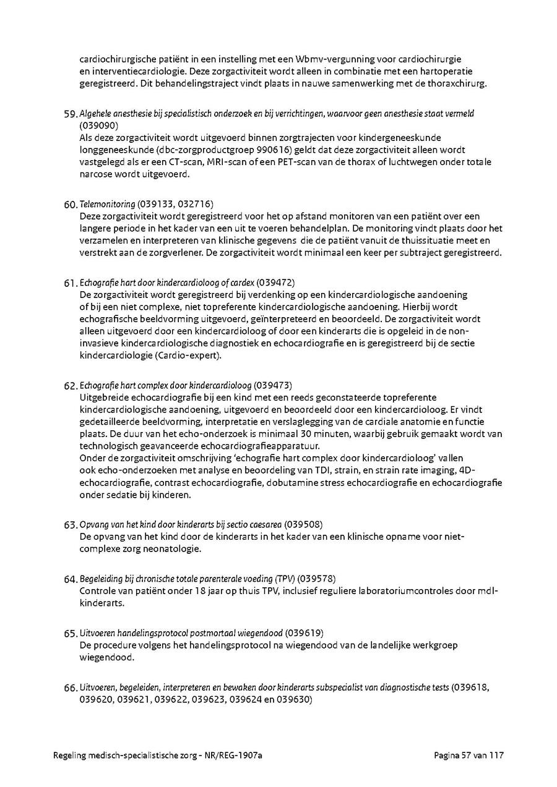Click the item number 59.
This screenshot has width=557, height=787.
(71, 114)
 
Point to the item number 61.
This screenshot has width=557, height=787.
(70, 283)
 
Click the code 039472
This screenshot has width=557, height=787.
(274, 282)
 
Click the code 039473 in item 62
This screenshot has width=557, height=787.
(273, 385)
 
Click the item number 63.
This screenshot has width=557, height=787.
(71, 525)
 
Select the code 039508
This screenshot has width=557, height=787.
(303, 524)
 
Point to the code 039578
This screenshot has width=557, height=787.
(316, 579)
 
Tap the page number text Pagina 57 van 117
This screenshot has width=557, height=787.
(469, 755)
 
